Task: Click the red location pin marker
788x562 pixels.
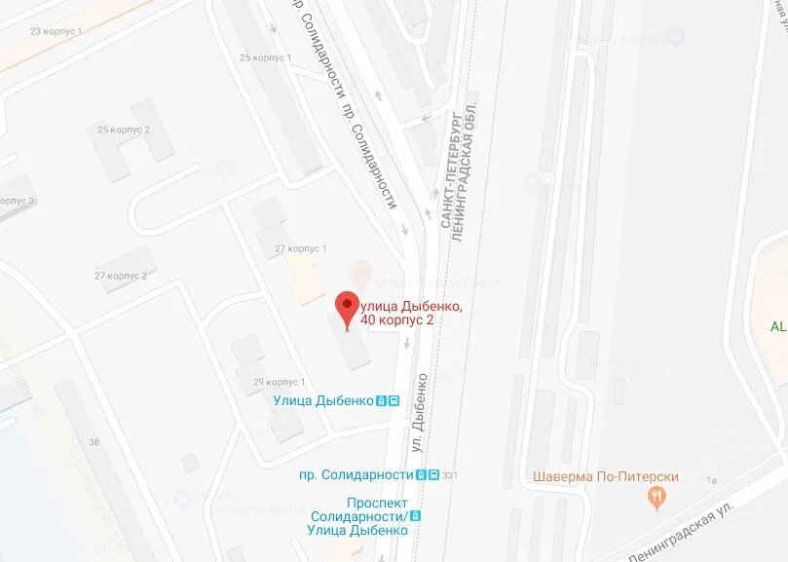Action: click(x=347, y=307)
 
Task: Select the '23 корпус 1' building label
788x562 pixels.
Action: click(x=56, y=31)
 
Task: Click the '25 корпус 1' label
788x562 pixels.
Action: click(x=265, y=57)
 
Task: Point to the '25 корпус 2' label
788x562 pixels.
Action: click(x=124, y=130)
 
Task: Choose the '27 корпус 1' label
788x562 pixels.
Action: click(x=300, y=248)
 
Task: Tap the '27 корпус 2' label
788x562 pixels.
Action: click(x=121, y=276)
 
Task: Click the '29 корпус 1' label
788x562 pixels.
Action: click(x=280, y=382)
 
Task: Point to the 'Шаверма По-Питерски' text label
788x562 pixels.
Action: click(x=605, y=477)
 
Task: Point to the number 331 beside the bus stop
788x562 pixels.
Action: click(x=449, y=475)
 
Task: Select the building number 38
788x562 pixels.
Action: click(x=94, y=442)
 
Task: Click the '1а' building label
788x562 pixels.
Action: click(x=711, y=480)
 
